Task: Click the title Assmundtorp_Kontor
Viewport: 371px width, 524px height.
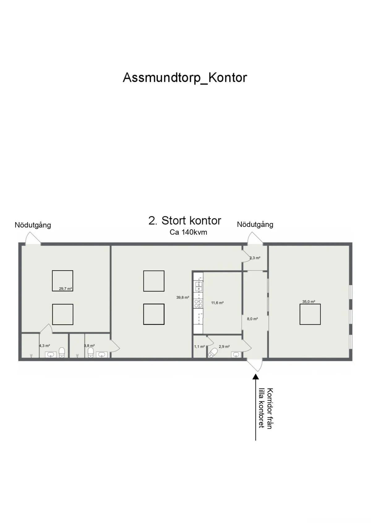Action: pos(185,78)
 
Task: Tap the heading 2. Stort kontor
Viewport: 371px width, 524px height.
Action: pos(185,220)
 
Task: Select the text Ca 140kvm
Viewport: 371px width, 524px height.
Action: pos(188,232)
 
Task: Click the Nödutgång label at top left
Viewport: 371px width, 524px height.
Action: pos(33,225)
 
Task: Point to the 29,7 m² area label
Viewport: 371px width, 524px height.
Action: pos(65,289)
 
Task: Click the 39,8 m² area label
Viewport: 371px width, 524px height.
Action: pos(183,297)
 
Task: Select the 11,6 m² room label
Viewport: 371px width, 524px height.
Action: pos(217,303)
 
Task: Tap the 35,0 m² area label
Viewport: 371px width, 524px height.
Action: pos(309,302)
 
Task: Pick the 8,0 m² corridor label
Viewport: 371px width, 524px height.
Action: pos(252,318)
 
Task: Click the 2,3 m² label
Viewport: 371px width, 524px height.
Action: pos(255,258)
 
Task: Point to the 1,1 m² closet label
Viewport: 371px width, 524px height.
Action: pos(199,347)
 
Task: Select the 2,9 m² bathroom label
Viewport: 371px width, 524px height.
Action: pos(224,347)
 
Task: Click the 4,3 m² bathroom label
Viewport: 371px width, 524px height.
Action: pos(45,346)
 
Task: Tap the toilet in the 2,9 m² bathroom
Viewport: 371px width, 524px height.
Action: pos(213,353)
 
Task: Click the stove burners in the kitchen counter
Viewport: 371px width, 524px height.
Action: pos(198,303)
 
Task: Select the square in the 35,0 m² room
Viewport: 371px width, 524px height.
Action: pos(310,314)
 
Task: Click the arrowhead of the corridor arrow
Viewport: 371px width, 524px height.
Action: pos(255,376)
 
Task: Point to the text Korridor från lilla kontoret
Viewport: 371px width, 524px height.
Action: pos(266,408)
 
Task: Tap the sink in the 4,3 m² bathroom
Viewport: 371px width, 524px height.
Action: pos(51,355)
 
